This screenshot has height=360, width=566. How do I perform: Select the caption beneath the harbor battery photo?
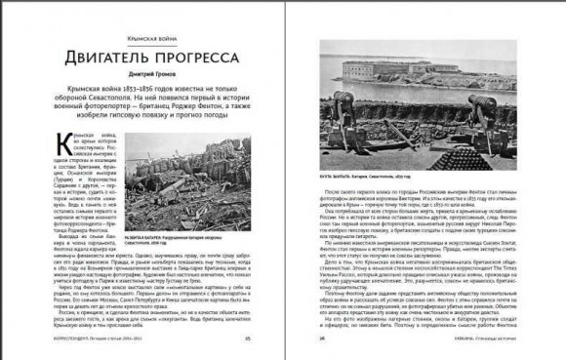click(x=366, y=179)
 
